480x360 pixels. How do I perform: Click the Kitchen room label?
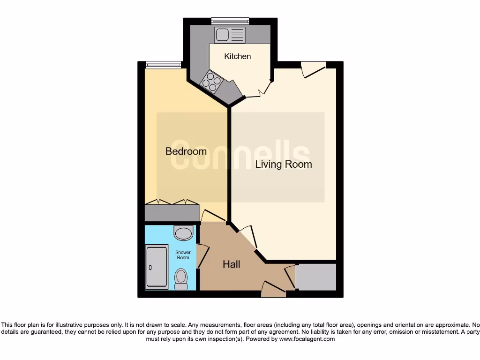tap(238, 56)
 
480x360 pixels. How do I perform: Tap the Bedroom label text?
tap(186, 151)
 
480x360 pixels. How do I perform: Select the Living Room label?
tap(284, 164)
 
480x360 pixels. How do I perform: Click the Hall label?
tap(232, 264)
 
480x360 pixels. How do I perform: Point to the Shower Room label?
tap(183, 255)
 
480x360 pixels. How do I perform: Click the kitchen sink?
tap(230, 35)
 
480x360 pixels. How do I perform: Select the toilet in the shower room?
tap(181, 279)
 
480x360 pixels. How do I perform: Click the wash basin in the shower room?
tap(183, 233)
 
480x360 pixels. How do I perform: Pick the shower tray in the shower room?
tap(157, 266)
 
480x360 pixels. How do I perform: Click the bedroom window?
tap(163, 65)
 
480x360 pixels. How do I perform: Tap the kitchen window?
tap(230, 21)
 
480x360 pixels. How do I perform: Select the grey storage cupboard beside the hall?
tap(316, 277)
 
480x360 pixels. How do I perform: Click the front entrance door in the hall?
tap(274, 289)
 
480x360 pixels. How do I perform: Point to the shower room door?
tap(202, 256)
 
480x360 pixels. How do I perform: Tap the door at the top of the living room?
tap(313, 69)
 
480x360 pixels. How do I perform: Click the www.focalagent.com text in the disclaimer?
tap(307, 339)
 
